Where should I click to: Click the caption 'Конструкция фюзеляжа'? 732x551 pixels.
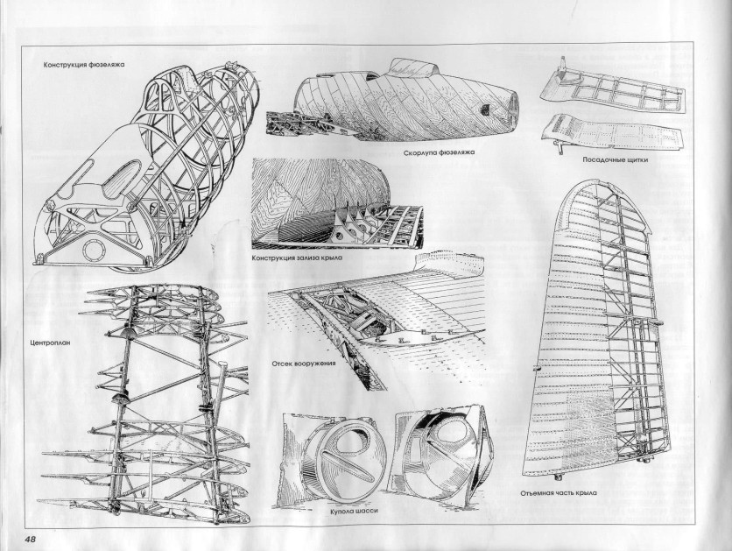pyautogui.click(x=83, y=65)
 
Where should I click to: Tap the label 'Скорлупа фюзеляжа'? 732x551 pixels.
pyautogui.click(x=439, y=152)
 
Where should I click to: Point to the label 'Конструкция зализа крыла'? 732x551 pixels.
pyautogui.click(x=297, y=258)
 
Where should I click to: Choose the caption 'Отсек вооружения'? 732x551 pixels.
pyautogui.click(x=304, y=363)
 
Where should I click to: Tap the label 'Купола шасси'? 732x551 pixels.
pyautogui.click(x=354, y=511)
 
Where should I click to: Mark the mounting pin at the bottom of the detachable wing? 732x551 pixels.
pyautogui.click(x=558, y=477)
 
